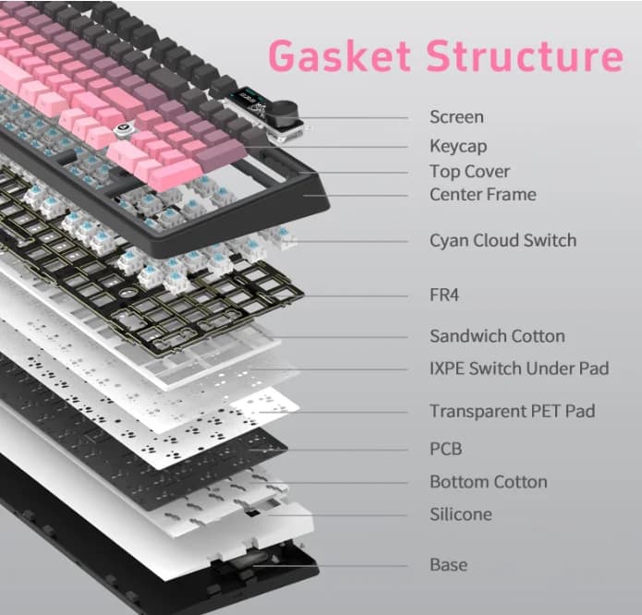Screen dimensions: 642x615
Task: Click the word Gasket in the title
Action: tap(340, 55)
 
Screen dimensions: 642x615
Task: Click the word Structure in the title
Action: tap(525, 55)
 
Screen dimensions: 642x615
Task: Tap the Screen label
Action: tap(456, 117)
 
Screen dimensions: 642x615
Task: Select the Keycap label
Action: tap(458, 147)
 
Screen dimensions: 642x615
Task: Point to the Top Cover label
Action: tap(469, 172)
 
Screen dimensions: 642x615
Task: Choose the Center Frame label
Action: tap(483, 194)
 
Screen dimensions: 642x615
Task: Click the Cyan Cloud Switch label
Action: tap(503, 241)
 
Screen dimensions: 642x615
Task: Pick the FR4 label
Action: tap(444, 295)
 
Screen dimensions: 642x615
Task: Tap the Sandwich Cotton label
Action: tap(497, 336)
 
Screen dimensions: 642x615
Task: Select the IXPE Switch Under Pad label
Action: tap(519, 368)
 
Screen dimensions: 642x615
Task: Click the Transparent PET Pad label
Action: tap(512, 411)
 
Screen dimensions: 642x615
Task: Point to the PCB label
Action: tap(446, 449)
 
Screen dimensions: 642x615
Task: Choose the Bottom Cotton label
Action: tap(489, 482)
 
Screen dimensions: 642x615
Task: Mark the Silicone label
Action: tap(461, 514)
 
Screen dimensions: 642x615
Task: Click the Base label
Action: tap(448, 565)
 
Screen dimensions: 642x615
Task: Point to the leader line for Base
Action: tap(330, 566)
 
